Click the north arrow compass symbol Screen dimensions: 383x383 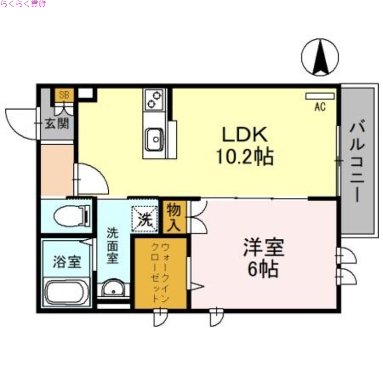(x=320, y=56)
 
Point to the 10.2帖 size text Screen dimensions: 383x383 (x=244, y=156)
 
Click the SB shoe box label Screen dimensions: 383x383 (x=64, y=95)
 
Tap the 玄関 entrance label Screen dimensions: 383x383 (x=57, y=124)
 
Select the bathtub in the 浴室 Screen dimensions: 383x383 (x=68, y=293)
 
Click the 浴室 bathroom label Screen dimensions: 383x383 (x=67, y=262)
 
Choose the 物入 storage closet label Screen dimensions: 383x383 (x=173, y=216)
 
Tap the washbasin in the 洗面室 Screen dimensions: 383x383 (x=114, y=290)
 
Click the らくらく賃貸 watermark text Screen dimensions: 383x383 (x=23, y=4)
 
